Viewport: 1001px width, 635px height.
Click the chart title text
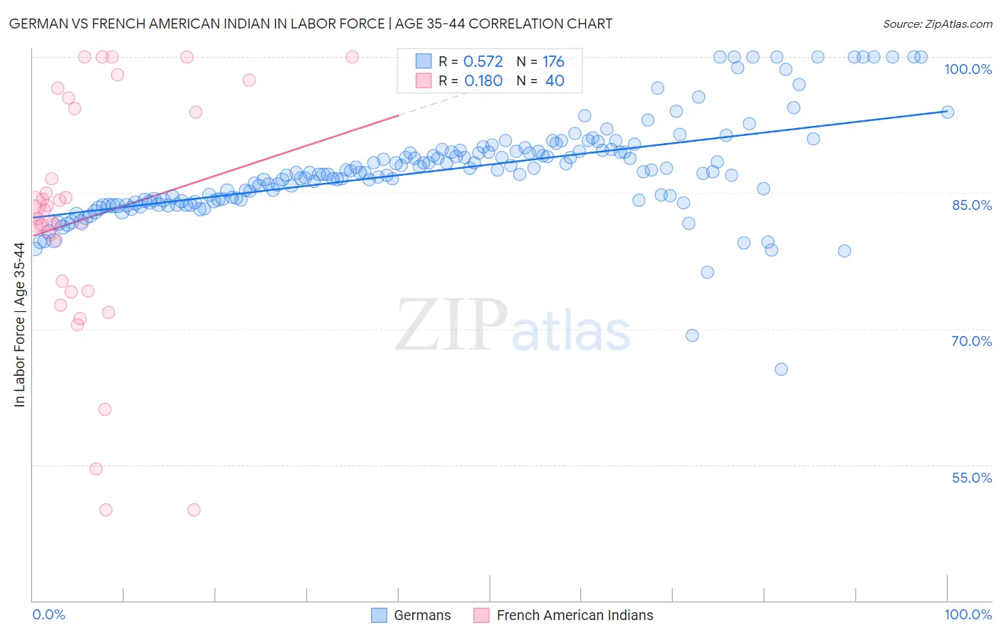pyautogui.click(x=310, y=23)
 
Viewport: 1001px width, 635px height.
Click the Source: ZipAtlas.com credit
pyautogui.click(x=937, y=23)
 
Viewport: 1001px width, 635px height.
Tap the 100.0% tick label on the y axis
pyautogui.click(x=968, y=69)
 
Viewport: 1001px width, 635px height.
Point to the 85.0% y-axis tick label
pyautogui.click(x=971, y=205)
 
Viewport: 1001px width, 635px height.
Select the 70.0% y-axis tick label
pyautogui.click(x=971, y=341)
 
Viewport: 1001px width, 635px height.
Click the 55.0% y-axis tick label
pyautogui.click(x=971, y=478)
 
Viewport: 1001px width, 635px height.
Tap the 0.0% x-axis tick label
pyautogui.click(x=48, y=614)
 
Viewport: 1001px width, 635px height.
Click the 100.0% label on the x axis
pyautogui.click(x=968, y=614)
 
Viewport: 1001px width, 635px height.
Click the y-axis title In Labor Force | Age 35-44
pyautogui.click(x=19, y=325)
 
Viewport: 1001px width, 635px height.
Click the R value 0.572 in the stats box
pyautogui.click(x=483, y=62)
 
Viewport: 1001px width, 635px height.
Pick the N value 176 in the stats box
pyautogui.click(x=553, y=62)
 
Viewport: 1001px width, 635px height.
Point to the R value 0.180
pyautogui.click(x=483, y=81)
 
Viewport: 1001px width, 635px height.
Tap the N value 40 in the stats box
pyautogui.click(x=555, y=81)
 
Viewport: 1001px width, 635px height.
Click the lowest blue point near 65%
pyautogui.click(x=781, y=369)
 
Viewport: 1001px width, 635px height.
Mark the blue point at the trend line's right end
pyautogui.click(x=948, y=112)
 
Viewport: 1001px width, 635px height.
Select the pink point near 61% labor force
pyautogui.click(x=105, y=409)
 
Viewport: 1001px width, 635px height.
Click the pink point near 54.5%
pyautogui.click(x=96, y=469)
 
